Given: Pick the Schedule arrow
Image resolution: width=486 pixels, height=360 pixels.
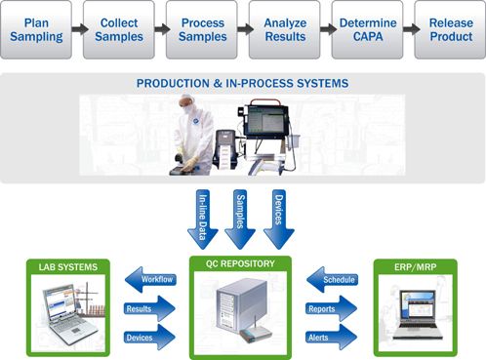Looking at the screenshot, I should [x=334, y=280].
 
